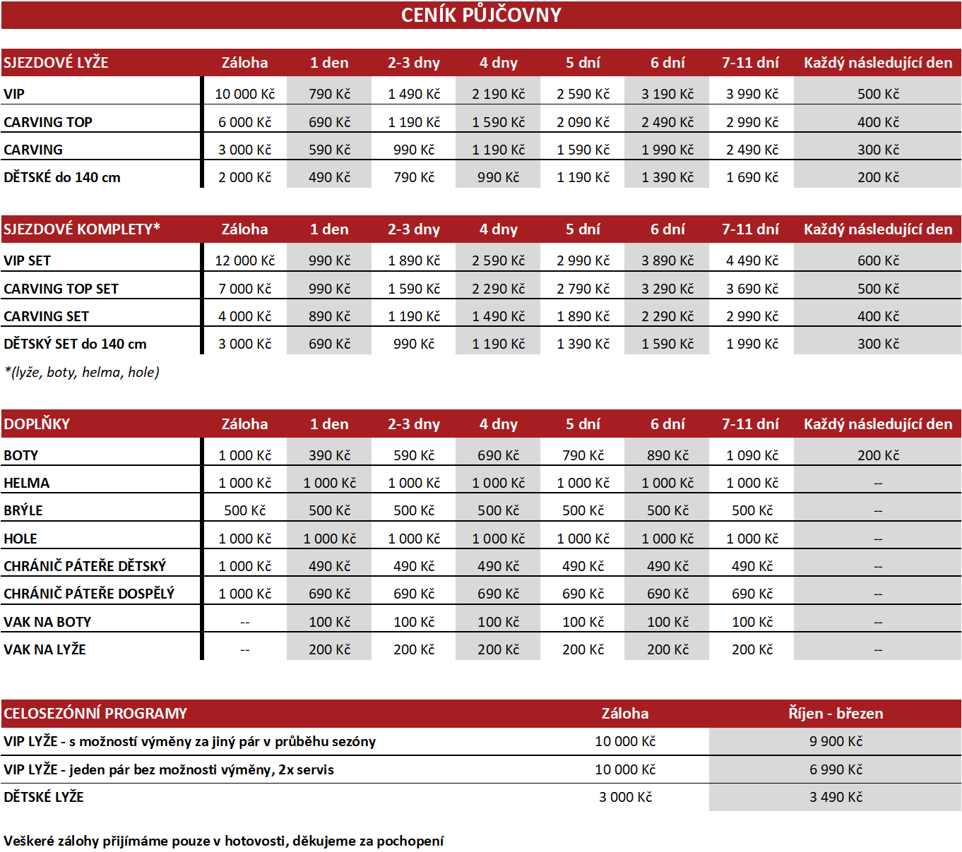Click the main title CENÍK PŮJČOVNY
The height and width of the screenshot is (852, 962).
[x=481, y=15]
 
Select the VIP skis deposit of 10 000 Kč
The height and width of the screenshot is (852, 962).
[x=244, y=94]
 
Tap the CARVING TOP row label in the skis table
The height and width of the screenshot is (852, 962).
[x=48, y=122]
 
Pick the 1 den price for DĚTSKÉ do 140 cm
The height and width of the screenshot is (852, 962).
[x=329, y=177]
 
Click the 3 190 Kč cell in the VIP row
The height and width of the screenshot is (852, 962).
[x=667, y=94]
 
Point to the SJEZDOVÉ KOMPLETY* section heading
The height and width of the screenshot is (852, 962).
[x=82, y=229]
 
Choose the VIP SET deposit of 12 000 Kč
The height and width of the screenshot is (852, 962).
[x=244, y=260]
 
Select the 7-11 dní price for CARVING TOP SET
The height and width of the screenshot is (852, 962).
[x=752, y=289]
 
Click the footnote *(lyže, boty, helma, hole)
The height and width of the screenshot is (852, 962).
[x=82, y=372]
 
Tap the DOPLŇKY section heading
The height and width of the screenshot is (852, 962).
[x=37, y=424]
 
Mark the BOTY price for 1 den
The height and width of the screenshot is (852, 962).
[x=329, y=455]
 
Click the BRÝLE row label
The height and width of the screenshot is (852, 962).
[x=23, y=510]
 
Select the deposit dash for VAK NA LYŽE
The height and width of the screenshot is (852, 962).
[x=244, y=650]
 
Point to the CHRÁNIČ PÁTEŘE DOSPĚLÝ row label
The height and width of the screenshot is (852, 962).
[x=89, y=594]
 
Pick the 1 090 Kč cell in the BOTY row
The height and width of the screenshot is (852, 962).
[x=752, y=455]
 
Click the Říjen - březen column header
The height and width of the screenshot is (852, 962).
[x=836, y=713]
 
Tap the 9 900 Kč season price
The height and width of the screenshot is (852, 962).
[x=836, y=741]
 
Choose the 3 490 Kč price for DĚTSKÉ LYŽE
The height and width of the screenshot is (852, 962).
[x=836, y=797]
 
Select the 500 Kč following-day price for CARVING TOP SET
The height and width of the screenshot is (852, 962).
[x=878, y=289]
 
